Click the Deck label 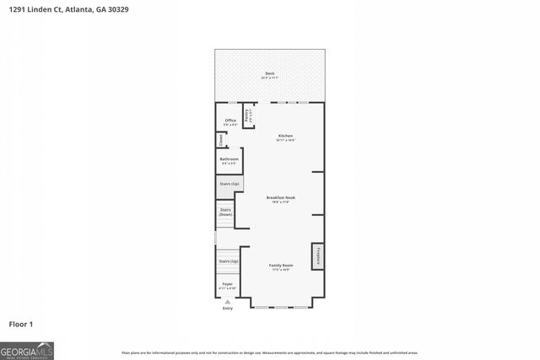[269, 73]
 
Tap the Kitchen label [286, 136]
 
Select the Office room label [229, 121]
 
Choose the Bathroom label [229, 159]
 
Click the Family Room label [280, 266]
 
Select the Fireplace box [318, 255]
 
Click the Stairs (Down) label [225, 212]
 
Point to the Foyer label [227, 284]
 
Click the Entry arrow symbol [227, 301]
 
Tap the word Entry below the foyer [227, 309]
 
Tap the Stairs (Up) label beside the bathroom [229, 183]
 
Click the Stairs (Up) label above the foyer [228, 261]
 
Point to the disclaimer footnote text [269, 352]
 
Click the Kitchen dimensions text [286, 141]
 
